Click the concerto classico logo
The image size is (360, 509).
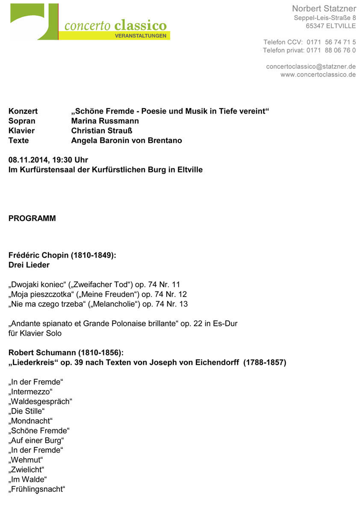[x=90, y=23]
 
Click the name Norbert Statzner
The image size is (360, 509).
[x=324, y=9]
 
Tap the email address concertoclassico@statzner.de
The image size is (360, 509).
[x=311, y=67]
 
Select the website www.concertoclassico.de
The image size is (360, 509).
[x=318, y=75]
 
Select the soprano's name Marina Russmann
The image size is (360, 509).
[x=105, y=121]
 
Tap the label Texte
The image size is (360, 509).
[x=18, y=141]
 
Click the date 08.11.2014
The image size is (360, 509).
[x=27, y=160]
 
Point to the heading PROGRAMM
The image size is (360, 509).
[x=32, y=218]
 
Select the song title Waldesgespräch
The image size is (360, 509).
[x=40, y=402]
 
